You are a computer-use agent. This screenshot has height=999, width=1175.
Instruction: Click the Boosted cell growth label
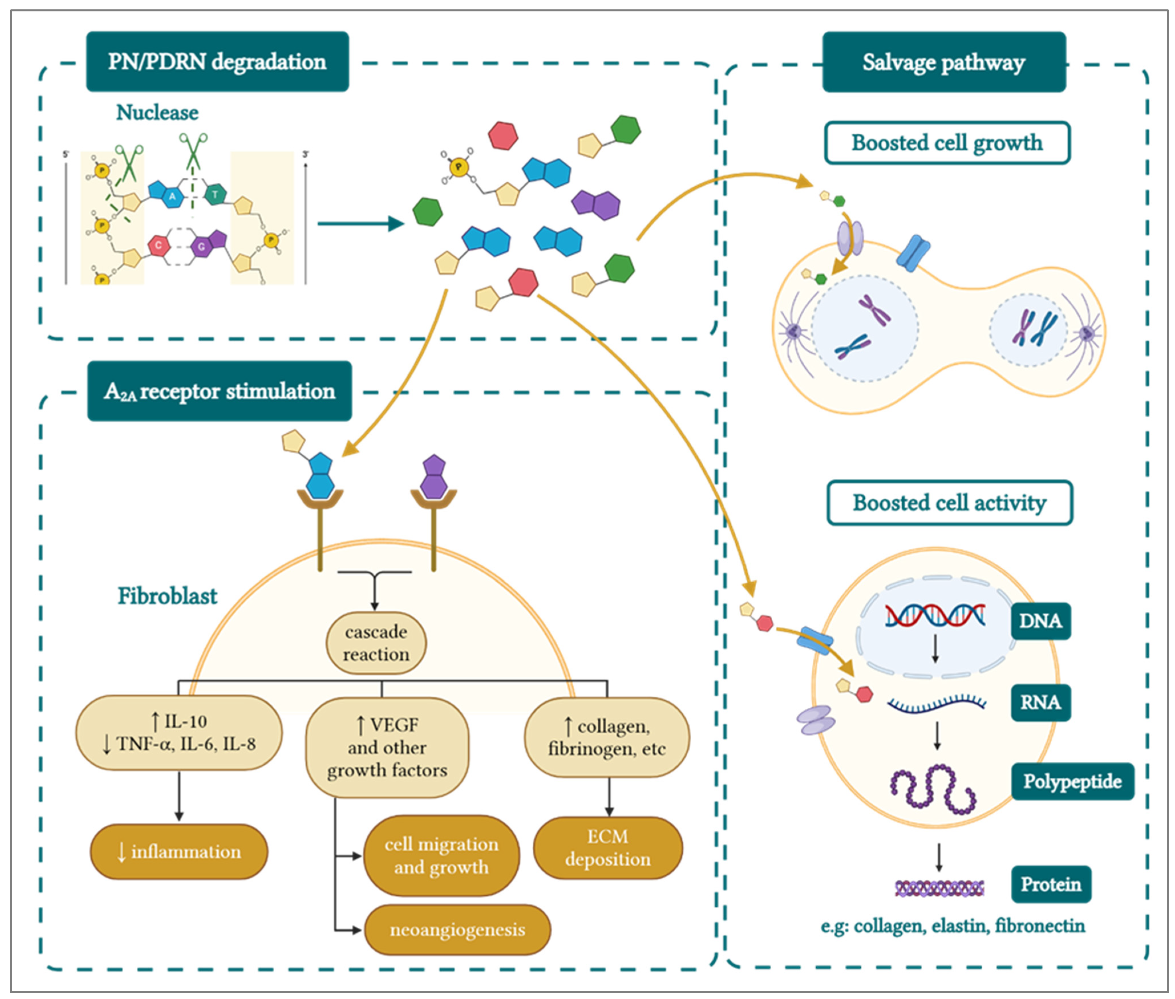947,143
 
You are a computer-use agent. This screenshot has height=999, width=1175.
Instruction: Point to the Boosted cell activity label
949,502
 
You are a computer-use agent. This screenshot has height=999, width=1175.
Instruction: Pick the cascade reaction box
376,643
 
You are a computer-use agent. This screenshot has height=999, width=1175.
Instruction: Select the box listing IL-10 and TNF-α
179,733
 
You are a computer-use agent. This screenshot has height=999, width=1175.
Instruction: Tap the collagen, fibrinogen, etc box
607,737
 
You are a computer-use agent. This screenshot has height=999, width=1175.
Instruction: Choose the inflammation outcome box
179,851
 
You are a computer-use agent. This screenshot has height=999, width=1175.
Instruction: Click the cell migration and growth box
441,855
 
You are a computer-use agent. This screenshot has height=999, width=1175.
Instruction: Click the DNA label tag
1040,621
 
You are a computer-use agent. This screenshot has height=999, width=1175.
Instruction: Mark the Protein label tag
1050,884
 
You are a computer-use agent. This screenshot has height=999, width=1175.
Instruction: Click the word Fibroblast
167,596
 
